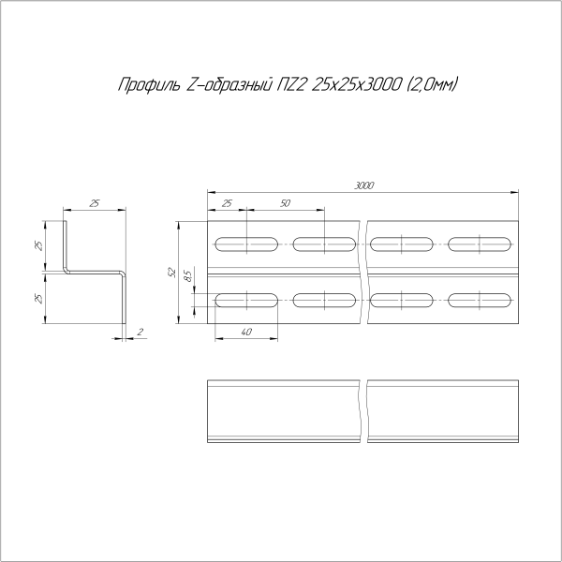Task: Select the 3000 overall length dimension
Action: (x=364, y=185)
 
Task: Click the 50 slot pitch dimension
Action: (x=285, y=203)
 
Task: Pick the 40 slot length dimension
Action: (x=245, y=332)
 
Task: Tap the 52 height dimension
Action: (x=171, y=273)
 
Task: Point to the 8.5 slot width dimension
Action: (x=187, y=276)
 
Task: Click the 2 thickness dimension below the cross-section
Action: (x=139, y=332)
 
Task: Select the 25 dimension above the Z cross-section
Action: (x=95, y=203)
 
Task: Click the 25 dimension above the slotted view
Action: (x=226, y=203)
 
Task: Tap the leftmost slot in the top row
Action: (x=245, y=245)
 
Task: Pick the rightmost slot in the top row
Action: (x=481, y=245)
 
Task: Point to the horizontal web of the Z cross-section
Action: (x=96, y=273)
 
